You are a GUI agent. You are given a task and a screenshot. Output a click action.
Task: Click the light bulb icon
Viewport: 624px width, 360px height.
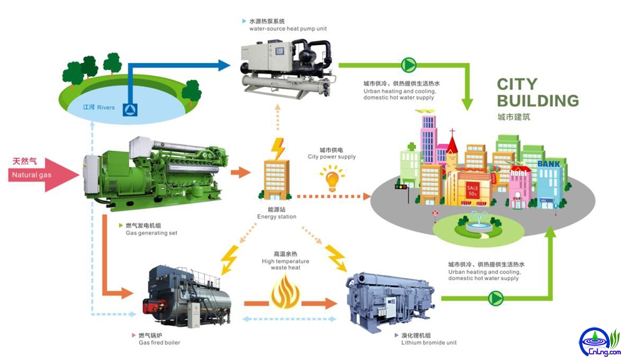point(332,180)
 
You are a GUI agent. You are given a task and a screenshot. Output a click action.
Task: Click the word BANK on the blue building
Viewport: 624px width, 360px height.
point(549,164)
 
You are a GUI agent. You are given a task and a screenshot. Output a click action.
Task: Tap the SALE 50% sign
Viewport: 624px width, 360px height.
point(472,189)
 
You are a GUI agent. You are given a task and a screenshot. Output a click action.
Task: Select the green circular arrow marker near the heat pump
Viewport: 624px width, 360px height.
point(409,64)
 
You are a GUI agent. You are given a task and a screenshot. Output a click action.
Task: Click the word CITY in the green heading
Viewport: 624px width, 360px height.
point(517,84)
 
